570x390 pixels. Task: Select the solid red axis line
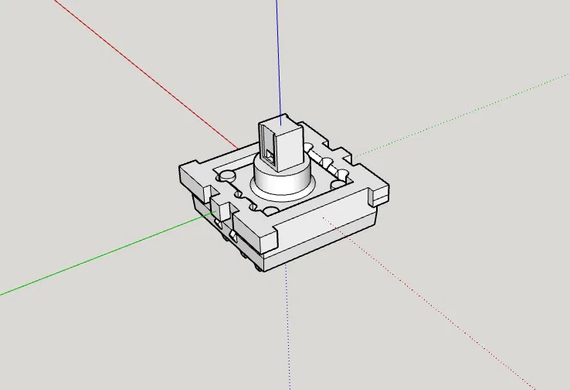[139, 70]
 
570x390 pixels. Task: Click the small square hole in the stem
[269, 152]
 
